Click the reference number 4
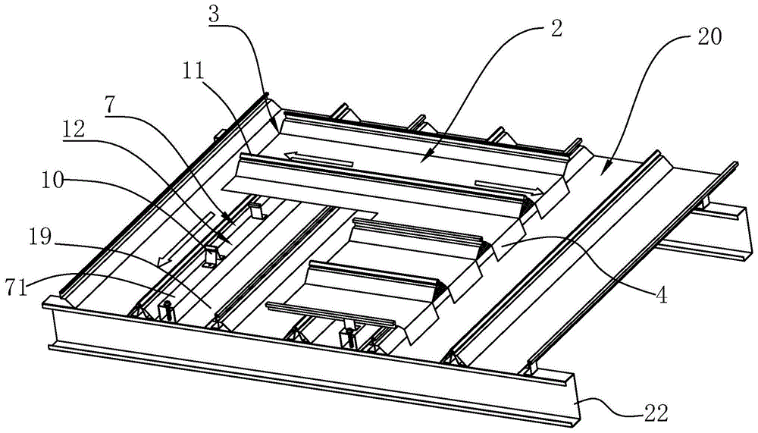[x=662, y=297]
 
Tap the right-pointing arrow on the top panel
[x=503, y=187]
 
